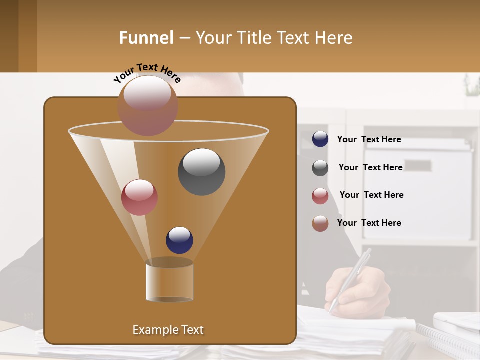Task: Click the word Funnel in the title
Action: click(146, 38)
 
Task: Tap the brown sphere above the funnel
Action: click(147, 105)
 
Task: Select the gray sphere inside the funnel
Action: click(201, 171)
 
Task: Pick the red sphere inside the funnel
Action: click(139, 197)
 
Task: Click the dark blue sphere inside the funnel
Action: click(179, 240)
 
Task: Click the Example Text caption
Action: click(168, 330)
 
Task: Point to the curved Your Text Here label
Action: click(147, 73)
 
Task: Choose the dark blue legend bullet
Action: click(320, 139)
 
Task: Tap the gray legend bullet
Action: click(320, 168)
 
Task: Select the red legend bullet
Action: click(320, 196)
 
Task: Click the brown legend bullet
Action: click(320, 223)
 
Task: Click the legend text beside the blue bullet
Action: click(369, 139)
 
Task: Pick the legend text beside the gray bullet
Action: click(370, 167)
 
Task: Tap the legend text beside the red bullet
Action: click(371, 195)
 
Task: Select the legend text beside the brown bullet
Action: click(369, 223)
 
